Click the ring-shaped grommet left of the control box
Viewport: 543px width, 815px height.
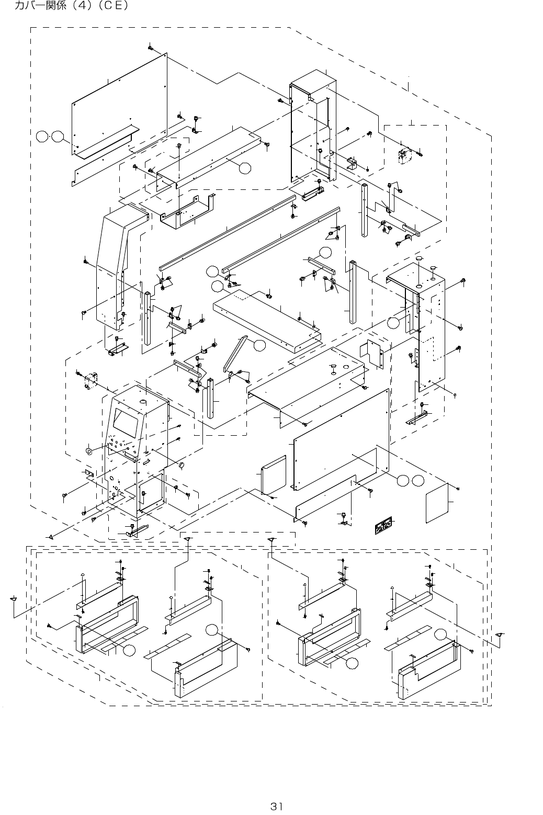[88, 450]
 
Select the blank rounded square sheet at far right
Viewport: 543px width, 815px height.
[438, 504]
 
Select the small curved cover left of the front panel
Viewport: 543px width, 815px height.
[274, 474]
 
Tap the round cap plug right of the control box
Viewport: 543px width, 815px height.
[182, 465]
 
